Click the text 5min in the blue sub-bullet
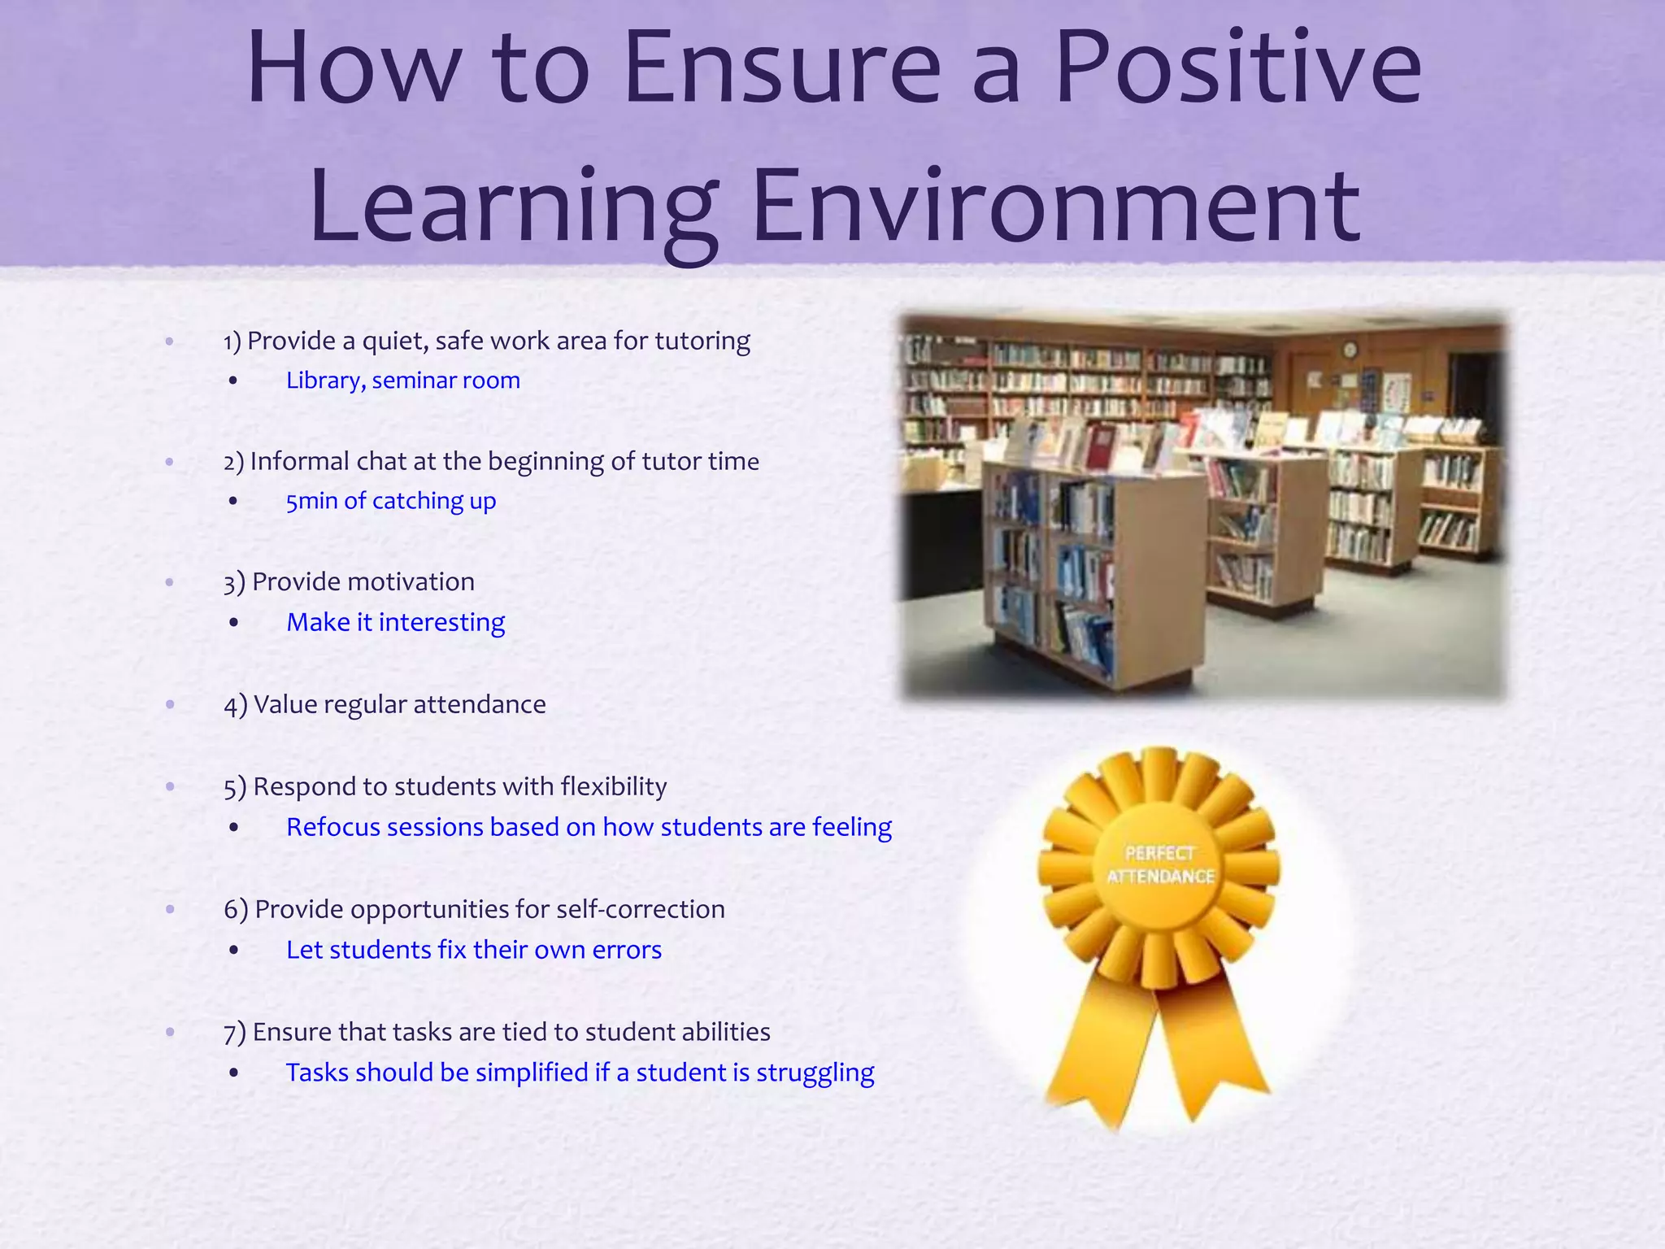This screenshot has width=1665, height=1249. pyautogui.click(x=311, y=501)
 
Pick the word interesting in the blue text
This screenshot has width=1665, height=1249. pyautogui.click(x=441, y=622)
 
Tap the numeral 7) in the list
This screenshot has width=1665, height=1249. pyautogui.click(x=234, y=1033)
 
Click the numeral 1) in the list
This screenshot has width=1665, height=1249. pyautogui.click(x=233, y=342)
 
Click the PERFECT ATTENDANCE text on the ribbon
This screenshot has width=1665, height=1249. pyautogui.click(x=1160, y=864)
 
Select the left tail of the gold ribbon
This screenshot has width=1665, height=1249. pyautogui.click(x=1098, y=1049)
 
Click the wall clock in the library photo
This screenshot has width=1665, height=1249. pyautogui.click(x=1350, y=350)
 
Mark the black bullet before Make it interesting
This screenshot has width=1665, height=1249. pyautogui.click(x=234, y=623)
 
